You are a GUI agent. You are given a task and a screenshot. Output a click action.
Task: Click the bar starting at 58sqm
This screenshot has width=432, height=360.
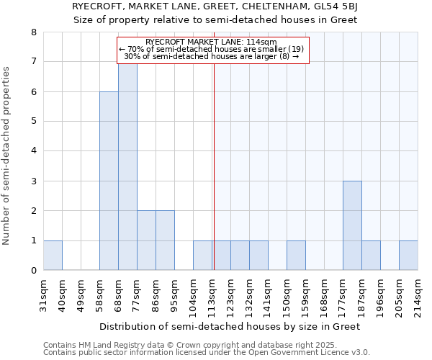pos(109,181)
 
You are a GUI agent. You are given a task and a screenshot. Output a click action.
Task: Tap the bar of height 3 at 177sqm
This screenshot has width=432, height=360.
pos(352,225)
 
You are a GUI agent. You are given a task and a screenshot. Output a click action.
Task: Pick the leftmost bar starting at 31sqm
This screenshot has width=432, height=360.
pos(53,256)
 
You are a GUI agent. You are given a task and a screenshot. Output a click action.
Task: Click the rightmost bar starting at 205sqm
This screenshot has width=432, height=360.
pos(408,256)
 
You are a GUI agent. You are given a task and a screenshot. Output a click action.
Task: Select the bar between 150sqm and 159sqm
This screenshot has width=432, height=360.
pos(296,256)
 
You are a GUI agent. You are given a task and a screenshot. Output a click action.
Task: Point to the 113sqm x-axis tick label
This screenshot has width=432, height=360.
pos(212,295)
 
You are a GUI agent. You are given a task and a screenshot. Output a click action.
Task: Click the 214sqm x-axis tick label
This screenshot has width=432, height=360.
pos(418,295)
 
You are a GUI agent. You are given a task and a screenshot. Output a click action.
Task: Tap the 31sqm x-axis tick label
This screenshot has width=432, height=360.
pos(44,295)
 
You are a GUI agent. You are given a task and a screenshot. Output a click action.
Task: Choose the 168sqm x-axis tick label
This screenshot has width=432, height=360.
pos(325,295)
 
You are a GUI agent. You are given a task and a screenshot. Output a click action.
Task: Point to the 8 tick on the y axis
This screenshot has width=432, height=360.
pos(33,32)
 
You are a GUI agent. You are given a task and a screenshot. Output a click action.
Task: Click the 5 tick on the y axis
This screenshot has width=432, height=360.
pos(33,122)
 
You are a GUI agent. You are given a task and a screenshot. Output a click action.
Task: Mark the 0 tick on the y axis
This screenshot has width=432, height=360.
pos(33,271)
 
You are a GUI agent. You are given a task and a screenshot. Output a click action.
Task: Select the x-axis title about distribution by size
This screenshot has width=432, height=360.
pos(229,326)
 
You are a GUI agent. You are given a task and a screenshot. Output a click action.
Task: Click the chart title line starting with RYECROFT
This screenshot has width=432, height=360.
pos(216,6)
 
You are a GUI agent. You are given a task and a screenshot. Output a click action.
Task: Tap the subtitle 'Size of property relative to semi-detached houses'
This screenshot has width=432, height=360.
pos(216,19)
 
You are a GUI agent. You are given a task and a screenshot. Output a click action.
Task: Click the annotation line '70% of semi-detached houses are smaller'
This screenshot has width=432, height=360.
pos(212,49)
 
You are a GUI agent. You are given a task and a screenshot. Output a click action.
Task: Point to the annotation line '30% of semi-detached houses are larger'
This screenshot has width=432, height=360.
pos(212,56)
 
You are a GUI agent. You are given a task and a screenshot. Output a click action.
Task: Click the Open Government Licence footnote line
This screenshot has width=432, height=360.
pos(207,353)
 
